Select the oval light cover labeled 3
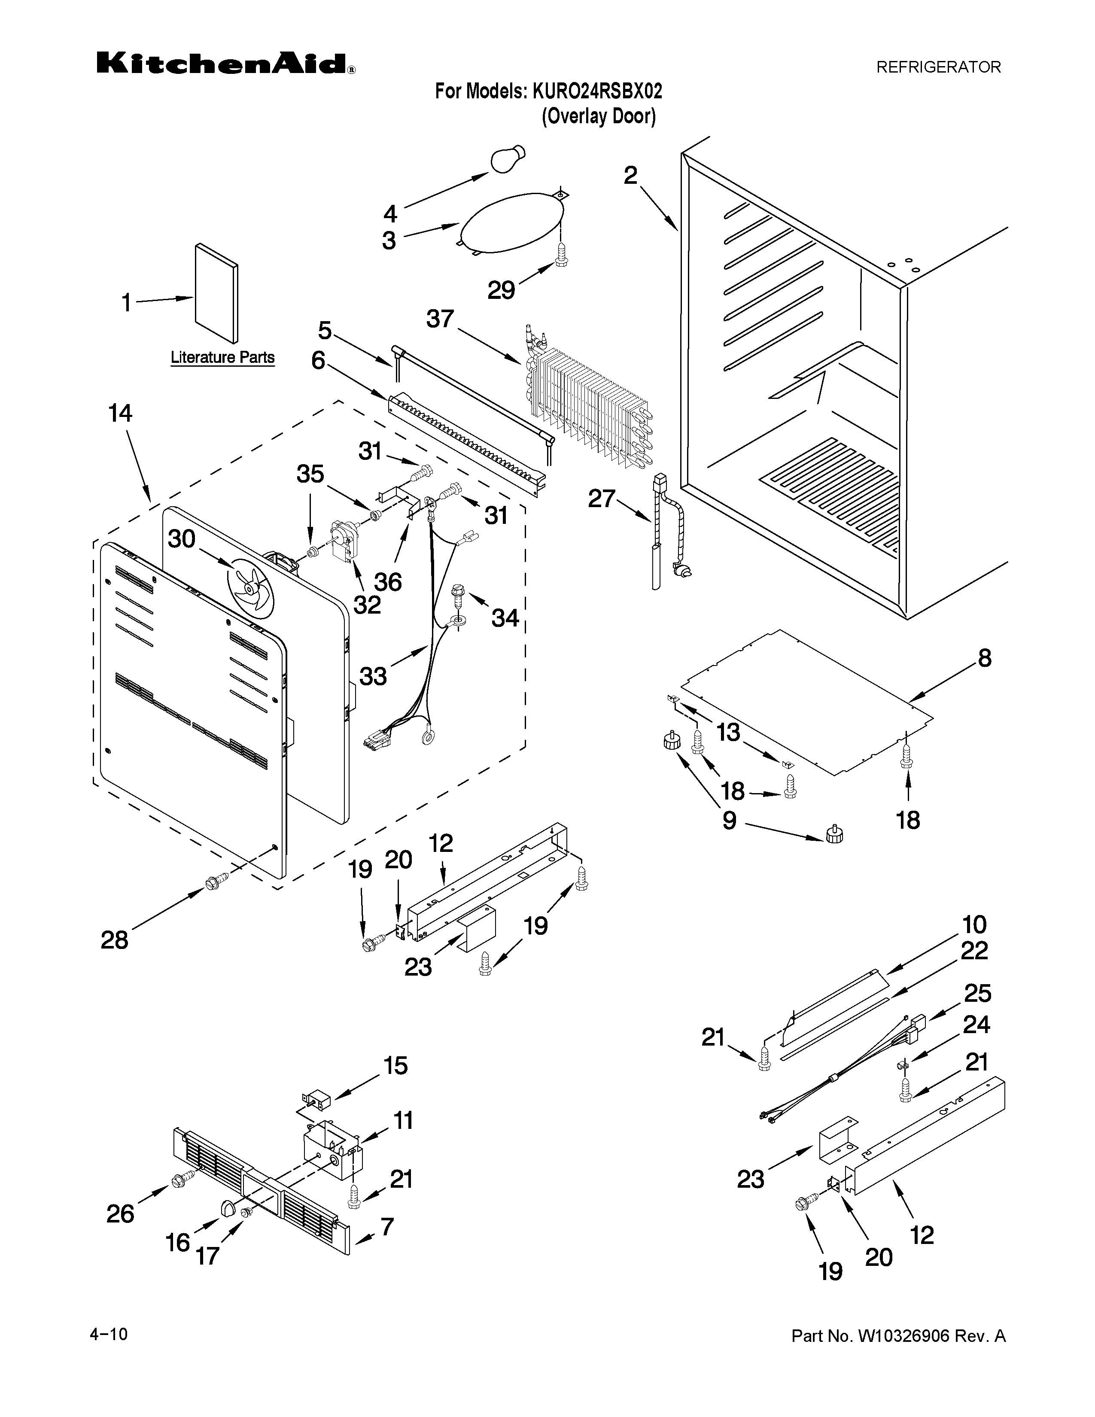511,222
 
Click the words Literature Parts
222,358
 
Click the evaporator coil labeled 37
587,410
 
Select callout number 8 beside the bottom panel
985,659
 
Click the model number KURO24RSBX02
597,91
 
